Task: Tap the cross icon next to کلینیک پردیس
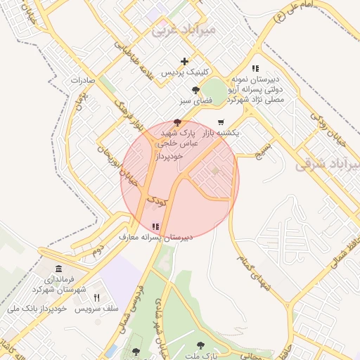point(184,62)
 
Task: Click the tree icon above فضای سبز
point(195,90)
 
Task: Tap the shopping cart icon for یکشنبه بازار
point(221,122)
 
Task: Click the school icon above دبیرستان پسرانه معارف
point(155,226)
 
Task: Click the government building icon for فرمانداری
point(58,269)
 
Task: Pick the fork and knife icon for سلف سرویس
point(96,297)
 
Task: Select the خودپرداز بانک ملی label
point(37,309)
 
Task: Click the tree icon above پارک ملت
point(200,345)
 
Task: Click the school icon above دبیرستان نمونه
point(255,69)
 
